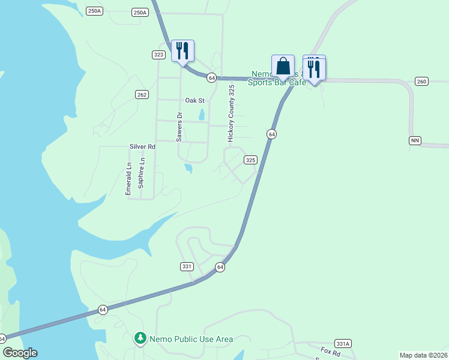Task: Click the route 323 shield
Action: click(158, 55)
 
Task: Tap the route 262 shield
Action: click(142, 94)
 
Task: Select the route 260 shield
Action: click(421, 82)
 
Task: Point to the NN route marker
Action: click(415, 140)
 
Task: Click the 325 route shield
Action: click(251, 160)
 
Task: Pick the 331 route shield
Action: click(186, 266)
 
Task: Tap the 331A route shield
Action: click(343, 344)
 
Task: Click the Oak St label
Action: click(195, 100)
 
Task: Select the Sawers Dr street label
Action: click(179, 127)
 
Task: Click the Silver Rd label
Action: click(142, 146)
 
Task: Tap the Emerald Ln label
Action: click(128, 178)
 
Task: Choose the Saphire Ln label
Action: click(142, 173)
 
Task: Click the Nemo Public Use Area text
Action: click(191, 339)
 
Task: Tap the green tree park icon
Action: click(140, 339)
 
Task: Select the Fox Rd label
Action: click(330, 351)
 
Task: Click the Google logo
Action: click(20, 353)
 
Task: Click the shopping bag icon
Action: click(283, 66)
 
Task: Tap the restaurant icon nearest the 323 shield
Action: click(182, 50)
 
